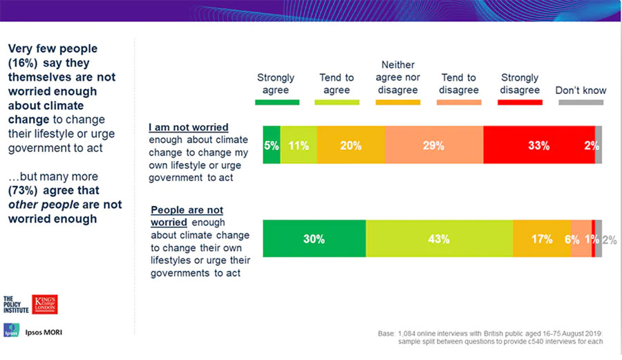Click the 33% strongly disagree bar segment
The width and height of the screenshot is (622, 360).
[539, 145]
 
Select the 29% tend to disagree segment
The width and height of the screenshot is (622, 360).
[434, 145]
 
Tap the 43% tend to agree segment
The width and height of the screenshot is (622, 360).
[440, 239]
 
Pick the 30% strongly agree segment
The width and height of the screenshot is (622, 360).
[314, 239]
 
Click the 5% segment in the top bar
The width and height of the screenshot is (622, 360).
[272, 145]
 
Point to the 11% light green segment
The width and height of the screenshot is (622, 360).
[299, 145]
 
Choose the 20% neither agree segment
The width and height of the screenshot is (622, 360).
[350, 145]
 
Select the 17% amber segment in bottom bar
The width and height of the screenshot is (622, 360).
[542, 239]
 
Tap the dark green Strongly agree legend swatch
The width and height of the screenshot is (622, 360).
[277, 102]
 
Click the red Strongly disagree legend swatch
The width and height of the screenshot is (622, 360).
[520, 102]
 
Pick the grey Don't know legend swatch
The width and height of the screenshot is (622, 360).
[581, 102]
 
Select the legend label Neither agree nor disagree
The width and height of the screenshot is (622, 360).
[399, 77]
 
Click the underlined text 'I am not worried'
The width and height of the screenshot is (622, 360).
[189, 128]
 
